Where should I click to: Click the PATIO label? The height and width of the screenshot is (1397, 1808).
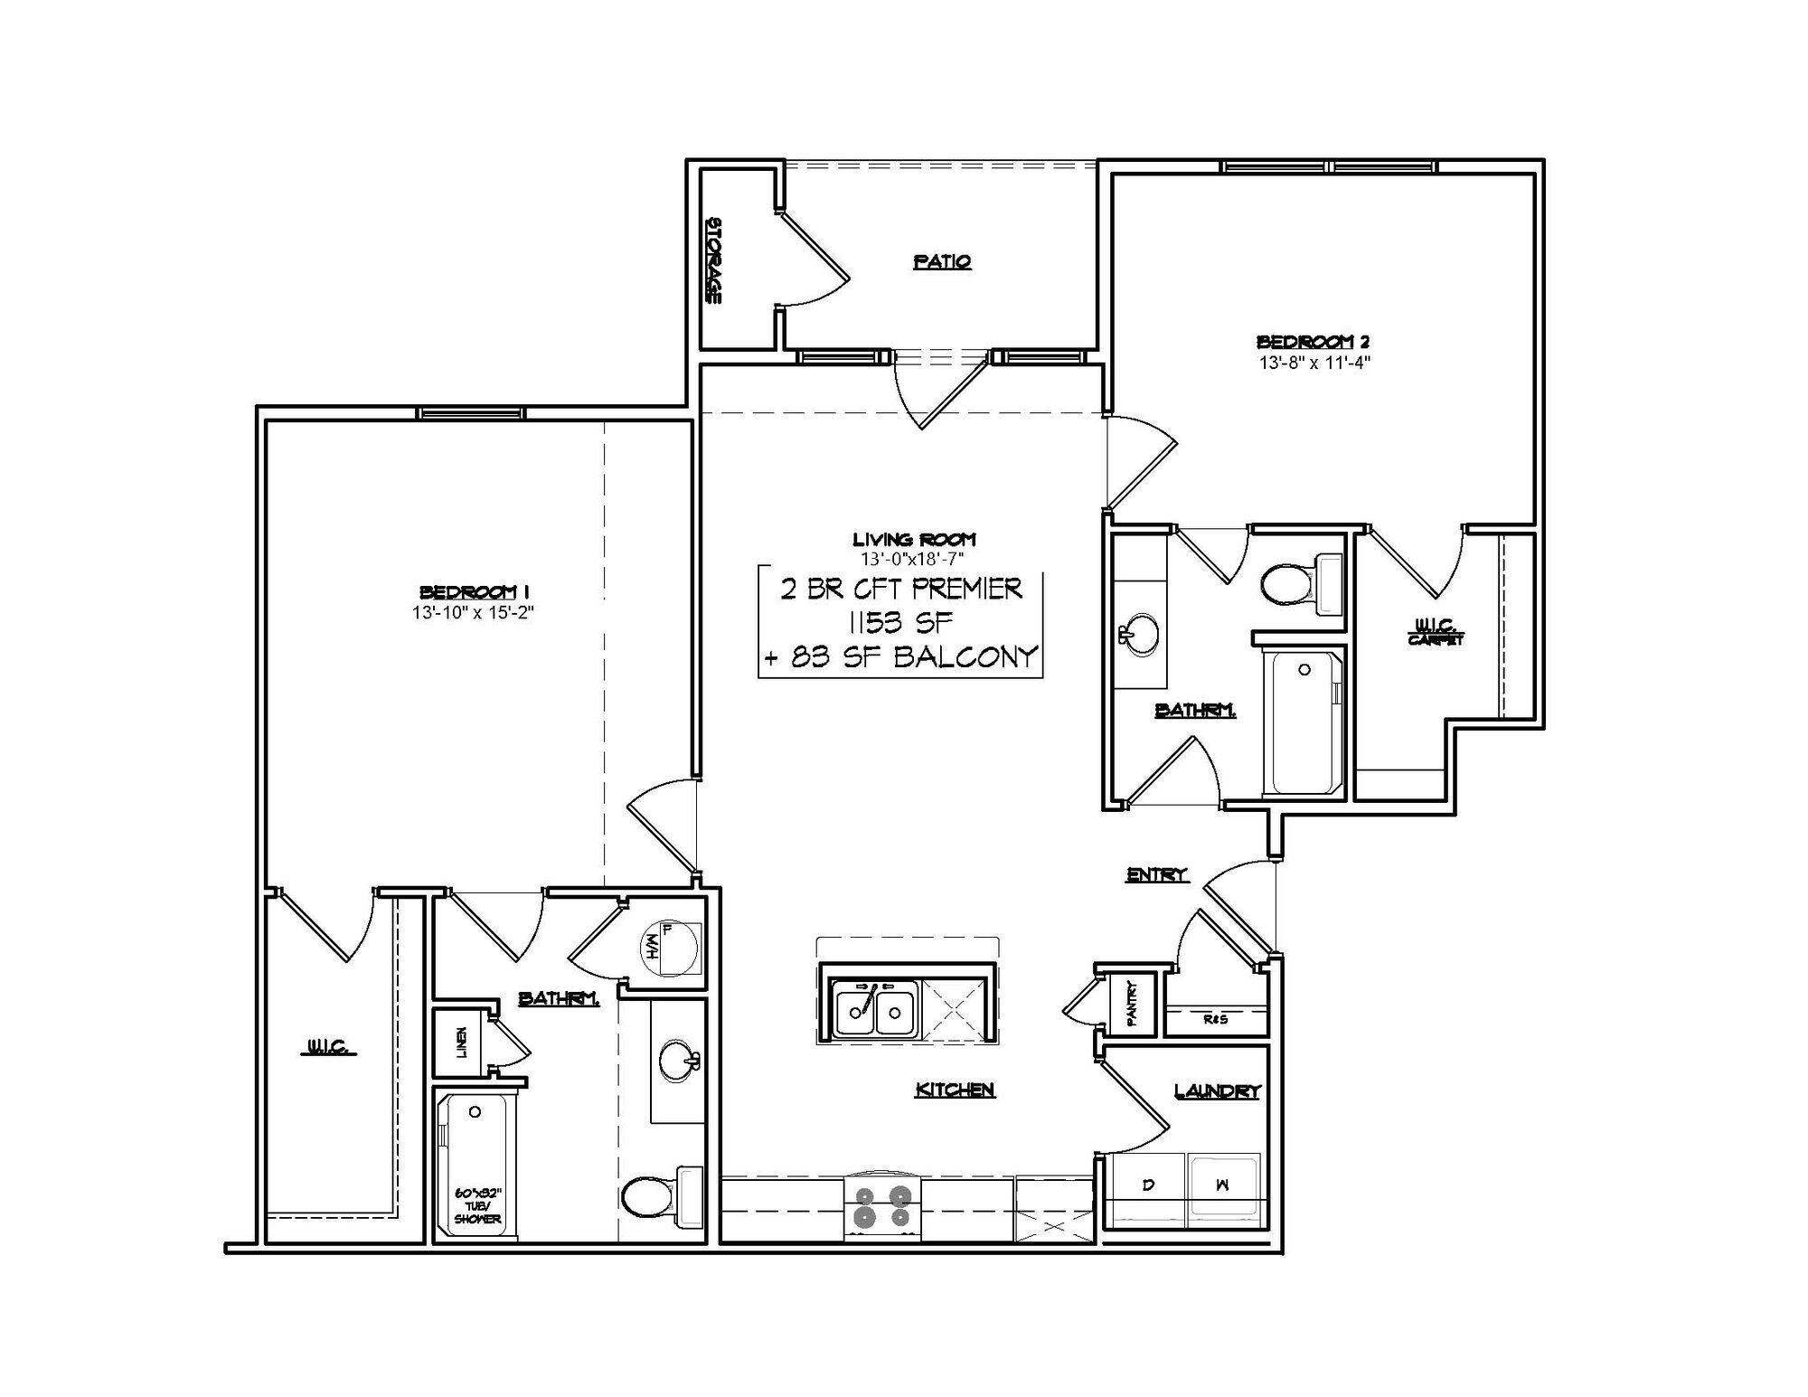click(942, 262)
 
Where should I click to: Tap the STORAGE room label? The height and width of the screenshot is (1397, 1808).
click(713, 260)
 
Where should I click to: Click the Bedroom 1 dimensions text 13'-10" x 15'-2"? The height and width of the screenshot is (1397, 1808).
click(475, 612)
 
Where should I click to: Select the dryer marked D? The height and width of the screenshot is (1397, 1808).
click(1147, 1187)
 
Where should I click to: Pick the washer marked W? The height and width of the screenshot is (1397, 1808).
click(1222, 1187)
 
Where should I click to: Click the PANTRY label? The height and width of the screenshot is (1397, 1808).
click(1131, 1004)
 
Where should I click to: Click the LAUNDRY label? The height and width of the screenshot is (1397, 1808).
click(1217, 1092)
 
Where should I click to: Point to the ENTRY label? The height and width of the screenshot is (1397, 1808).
click(1156, 874)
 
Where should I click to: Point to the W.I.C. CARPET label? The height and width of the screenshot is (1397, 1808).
click(1435, 631)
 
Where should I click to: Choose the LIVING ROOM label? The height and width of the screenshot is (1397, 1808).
click(914, 540)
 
